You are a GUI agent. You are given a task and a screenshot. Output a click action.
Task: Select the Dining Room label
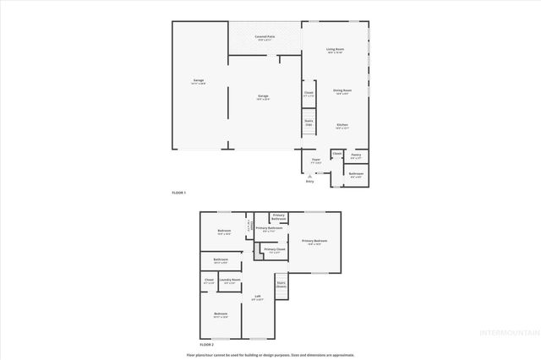tap(342, 90)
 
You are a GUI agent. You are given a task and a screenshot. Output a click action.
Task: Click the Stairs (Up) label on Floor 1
tap(309, 123)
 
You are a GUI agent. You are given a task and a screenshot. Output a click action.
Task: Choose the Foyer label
tap(315, 159)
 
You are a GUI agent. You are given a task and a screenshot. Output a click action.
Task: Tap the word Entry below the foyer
tap(309, 181)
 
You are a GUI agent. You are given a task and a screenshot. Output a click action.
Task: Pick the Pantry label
tap(356, 155)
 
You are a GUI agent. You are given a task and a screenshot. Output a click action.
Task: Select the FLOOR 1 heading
tap(178, 193)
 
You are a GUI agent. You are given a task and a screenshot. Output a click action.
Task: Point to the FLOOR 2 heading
tap(206, 345)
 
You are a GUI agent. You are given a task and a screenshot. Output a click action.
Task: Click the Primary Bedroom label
tap(314, 242)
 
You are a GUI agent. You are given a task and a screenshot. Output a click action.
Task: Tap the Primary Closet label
tap(274, 249)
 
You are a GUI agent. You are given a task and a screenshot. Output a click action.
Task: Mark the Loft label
tap(258, 297)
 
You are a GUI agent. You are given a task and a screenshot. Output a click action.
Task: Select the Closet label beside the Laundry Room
tap(209, 280)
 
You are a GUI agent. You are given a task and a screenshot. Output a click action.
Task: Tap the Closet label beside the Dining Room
tap(309, 93)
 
